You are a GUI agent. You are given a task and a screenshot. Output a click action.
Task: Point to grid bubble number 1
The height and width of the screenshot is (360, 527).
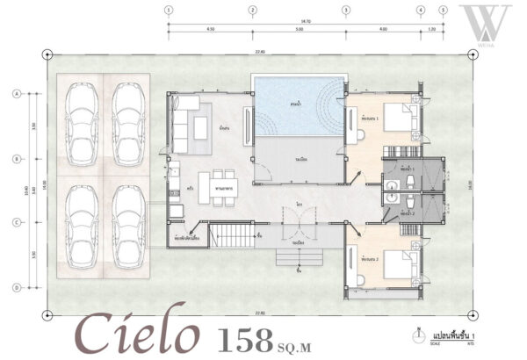point(169,11)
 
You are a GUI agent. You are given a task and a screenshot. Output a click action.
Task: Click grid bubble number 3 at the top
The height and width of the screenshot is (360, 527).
point(346,11)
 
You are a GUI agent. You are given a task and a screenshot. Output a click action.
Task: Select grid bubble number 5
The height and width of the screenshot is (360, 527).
point(444,11)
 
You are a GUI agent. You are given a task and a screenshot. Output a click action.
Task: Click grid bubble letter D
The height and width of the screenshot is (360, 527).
point(17,286)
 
